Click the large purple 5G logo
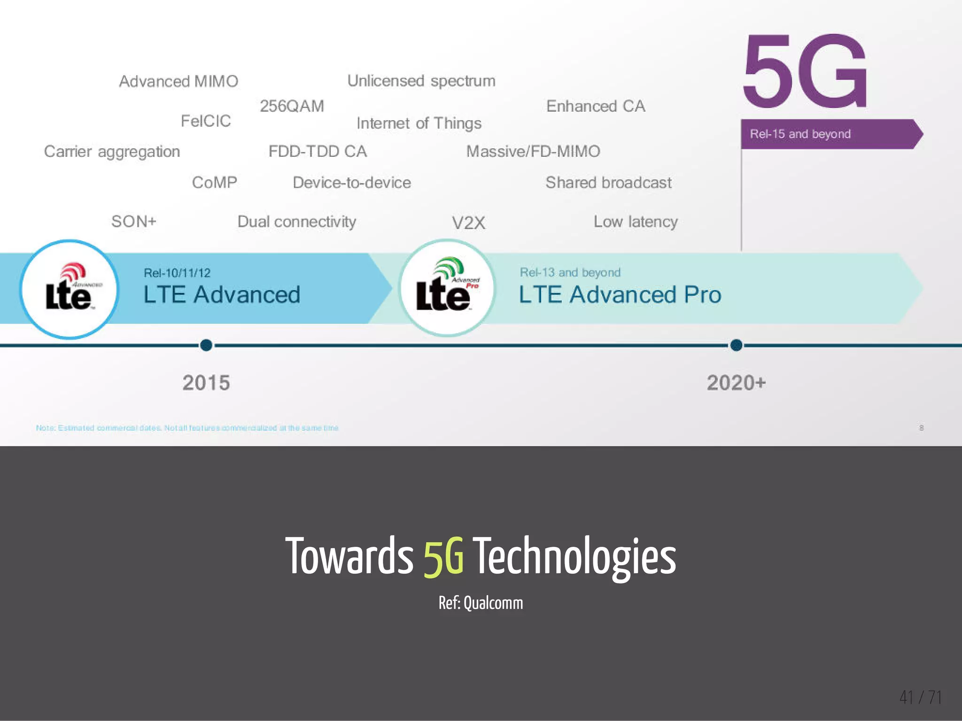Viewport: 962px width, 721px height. tap(805, 71)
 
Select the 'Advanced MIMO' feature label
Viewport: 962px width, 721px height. tap(178, 81)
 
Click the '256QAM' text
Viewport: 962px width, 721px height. tap(292, 106)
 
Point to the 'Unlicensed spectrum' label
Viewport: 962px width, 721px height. tap(421, 81)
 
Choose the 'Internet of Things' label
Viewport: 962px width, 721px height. tap(419, 123)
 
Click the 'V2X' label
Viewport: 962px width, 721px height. tap(468, 222)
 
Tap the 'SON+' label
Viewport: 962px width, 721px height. tap(134, 221)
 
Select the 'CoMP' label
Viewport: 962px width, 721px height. tap(214, 182)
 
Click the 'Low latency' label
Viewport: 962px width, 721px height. tap(636, 222)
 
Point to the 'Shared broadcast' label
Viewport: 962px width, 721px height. tap(608, 182)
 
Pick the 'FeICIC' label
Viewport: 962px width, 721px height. tap(206, 121)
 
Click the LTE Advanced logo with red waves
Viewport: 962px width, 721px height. tap(69, 289)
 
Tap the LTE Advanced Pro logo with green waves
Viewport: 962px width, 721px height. tap(447, 288)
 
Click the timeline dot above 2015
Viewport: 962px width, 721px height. tap(206, 345)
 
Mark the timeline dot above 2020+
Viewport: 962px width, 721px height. tap(736, 345)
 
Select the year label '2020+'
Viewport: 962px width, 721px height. tap(736, 383)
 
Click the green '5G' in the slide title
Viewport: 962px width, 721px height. tap(443, 557)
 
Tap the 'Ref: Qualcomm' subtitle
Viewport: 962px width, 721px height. tap(481, 603)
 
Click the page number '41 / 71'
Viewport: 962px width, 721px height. tap(920, 697)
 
